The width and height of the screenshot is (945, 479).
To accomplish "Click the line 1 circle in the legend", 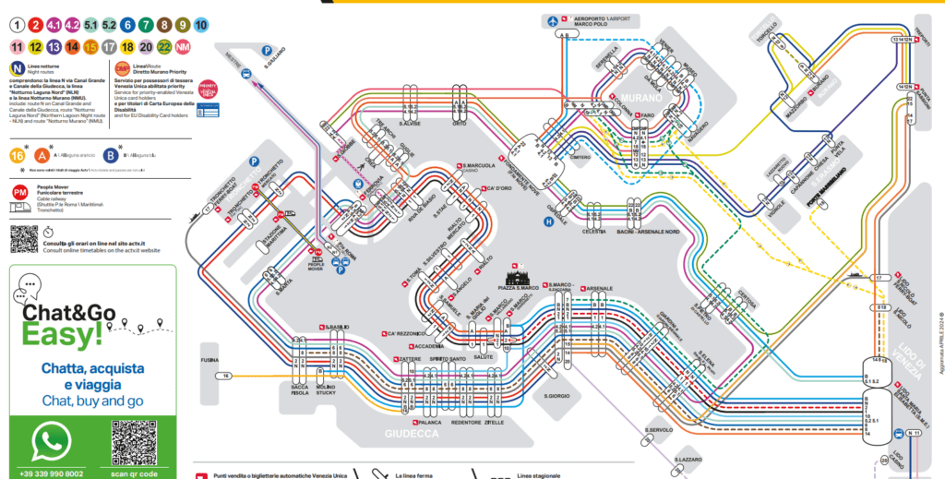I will (x=16, y=26).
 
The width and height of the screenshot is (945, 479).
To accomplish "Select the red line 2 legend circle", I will (x=35, y=26).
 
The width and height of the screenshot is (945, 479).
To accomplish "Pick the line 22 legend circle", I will (x=163, y=46).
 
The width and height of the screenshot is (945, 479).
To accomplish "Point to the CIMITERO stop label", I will (x=580, y=158).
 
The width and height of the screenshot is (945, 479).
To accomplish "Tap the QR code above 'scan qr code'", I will (x=135, y=442).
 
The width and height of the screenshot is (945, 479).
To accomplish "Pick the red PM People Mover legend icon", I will (x=19, y=191).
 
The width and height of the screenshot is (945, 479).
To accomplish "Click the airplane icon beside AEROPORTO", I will (x=556, y=19).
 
